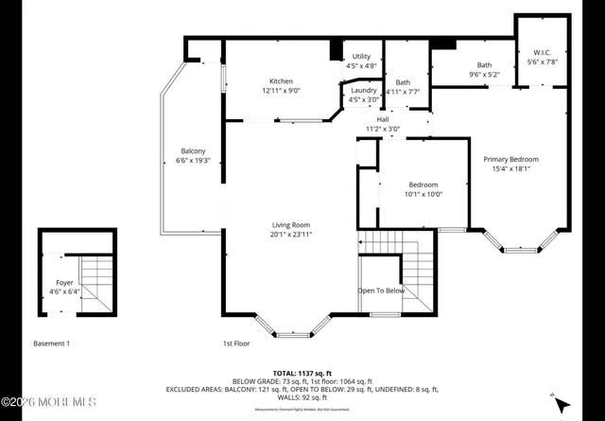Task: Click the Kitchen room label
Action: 281,81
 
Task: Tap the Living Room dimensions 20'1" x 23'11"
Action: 291,234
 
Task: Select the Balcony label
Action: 193,151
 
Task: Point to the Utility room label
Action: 362,57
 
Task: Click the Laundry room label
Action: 363,90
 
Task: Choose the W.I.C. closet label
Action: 543,52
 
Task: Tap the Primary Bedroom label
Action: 510,159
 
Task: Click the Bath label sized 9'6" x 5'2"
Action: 484,65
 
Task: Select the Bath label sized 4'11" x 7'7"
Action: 403,82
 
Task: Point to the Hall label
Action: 383,119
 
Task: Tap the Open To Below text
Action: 381,290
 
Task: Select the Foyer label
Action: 64,282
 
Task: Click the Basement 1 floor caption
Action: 51,343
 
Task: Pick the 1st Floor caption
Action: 235,343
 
